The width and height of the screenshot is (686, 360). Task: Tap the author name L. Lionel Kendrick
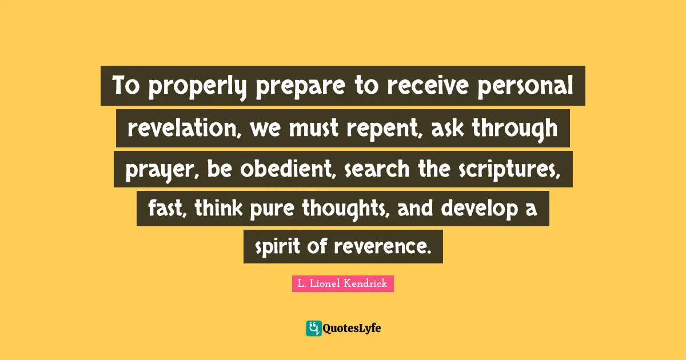[342, 283]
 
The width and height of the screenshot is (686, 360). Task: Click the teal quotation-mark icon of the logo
[313, 328]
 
